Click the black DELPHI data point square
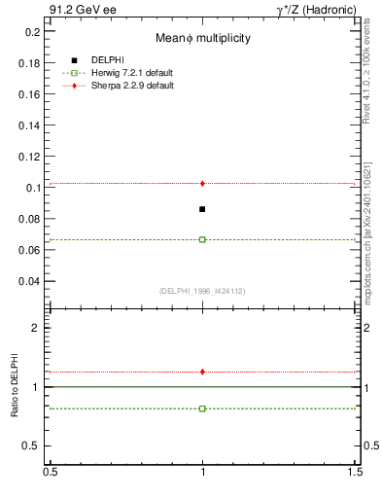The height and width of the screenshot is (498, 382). (x=202, y=209)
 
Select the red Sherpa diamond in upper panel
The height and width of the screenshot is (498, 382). (x=202, y=183)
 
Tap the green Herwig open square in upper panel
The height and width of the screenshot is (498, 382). (x=202, y=239)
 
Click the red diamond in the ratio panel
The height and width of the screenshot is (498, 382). (x=202, y=372)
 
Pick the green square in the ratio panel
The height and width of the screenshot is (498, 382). (x=202, y=409)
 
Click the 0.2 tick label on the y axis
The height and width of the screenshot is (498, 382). (x=33, y=32)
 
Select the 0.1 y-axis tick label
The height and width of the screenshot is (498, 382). (x=33, y=188)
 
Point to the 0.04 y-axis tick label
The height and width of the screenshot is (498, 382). (x=30, y=281)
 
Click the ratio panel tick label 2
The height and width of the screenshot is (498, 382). (x=37, y=328)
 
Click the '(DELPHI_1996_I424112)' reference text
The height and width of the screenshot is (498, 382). (x=202, y=290)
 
